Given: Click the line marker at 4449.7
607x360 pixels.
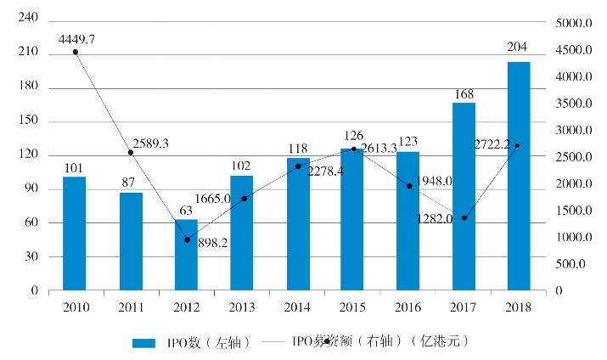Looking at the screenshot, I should click(x=76, y=52).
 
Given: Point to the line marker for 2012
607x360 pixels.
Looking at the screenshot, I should click(x=187, y=239).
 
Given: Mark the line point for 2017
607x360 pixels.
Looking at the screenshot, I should click(x=464, y=218).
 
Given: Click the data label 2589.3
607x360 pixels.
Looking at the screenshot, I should click(x=151, y=143).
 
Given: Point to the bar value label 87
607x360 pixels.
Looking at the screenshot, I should click(x=131, y=181).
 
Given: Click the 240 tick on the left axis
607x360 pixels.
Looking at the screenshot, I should click(x=28, y=18).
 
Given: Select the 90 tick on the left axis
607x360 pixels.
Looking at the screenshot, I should click(x=31, y=188).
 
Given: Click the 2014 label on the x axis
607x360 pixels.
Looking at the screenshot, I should click(x=297, y=307).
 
